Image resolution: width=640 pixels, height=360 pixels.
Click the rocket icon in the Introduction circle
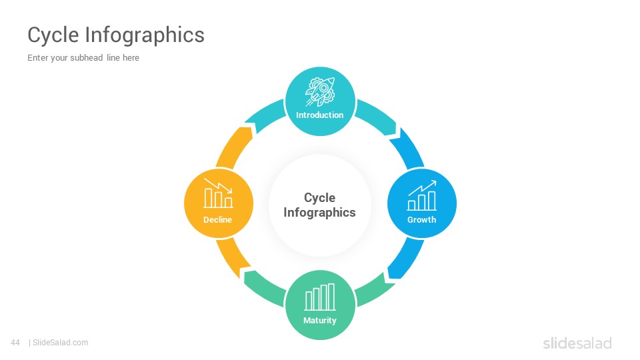320,92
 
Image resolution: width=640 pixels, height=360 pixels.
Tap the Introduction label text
319,115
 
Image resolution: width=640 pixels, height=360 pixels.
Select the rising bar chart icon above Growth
421,195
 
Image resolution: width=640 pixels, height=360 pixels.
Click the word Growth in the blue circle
421,219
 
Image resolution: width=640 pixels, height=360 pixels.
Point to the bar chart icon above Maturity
320,297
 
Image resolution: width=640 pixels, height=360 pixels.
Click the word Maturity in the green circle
319,321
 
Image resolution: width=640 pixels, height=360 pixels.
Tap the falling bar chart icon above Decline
218,193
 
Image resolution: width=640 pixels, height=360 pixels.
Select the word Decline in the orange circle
217,219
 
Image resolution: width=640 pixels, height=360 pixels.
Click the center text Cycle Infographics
319,205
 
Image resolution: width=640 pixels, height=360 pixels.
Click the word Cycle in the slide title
53,35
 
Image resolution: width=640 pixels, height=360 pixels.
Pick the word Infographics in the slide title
145,35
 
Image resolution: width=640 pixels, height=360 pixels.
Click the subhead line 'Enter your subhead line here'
83,57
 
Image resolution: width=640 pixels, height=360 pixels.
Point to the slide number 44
15,343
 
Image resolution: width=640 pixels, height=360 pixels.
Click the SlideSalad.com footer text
60,343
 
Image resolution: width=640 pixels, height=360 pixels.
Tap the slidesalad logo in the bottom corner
577,343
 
